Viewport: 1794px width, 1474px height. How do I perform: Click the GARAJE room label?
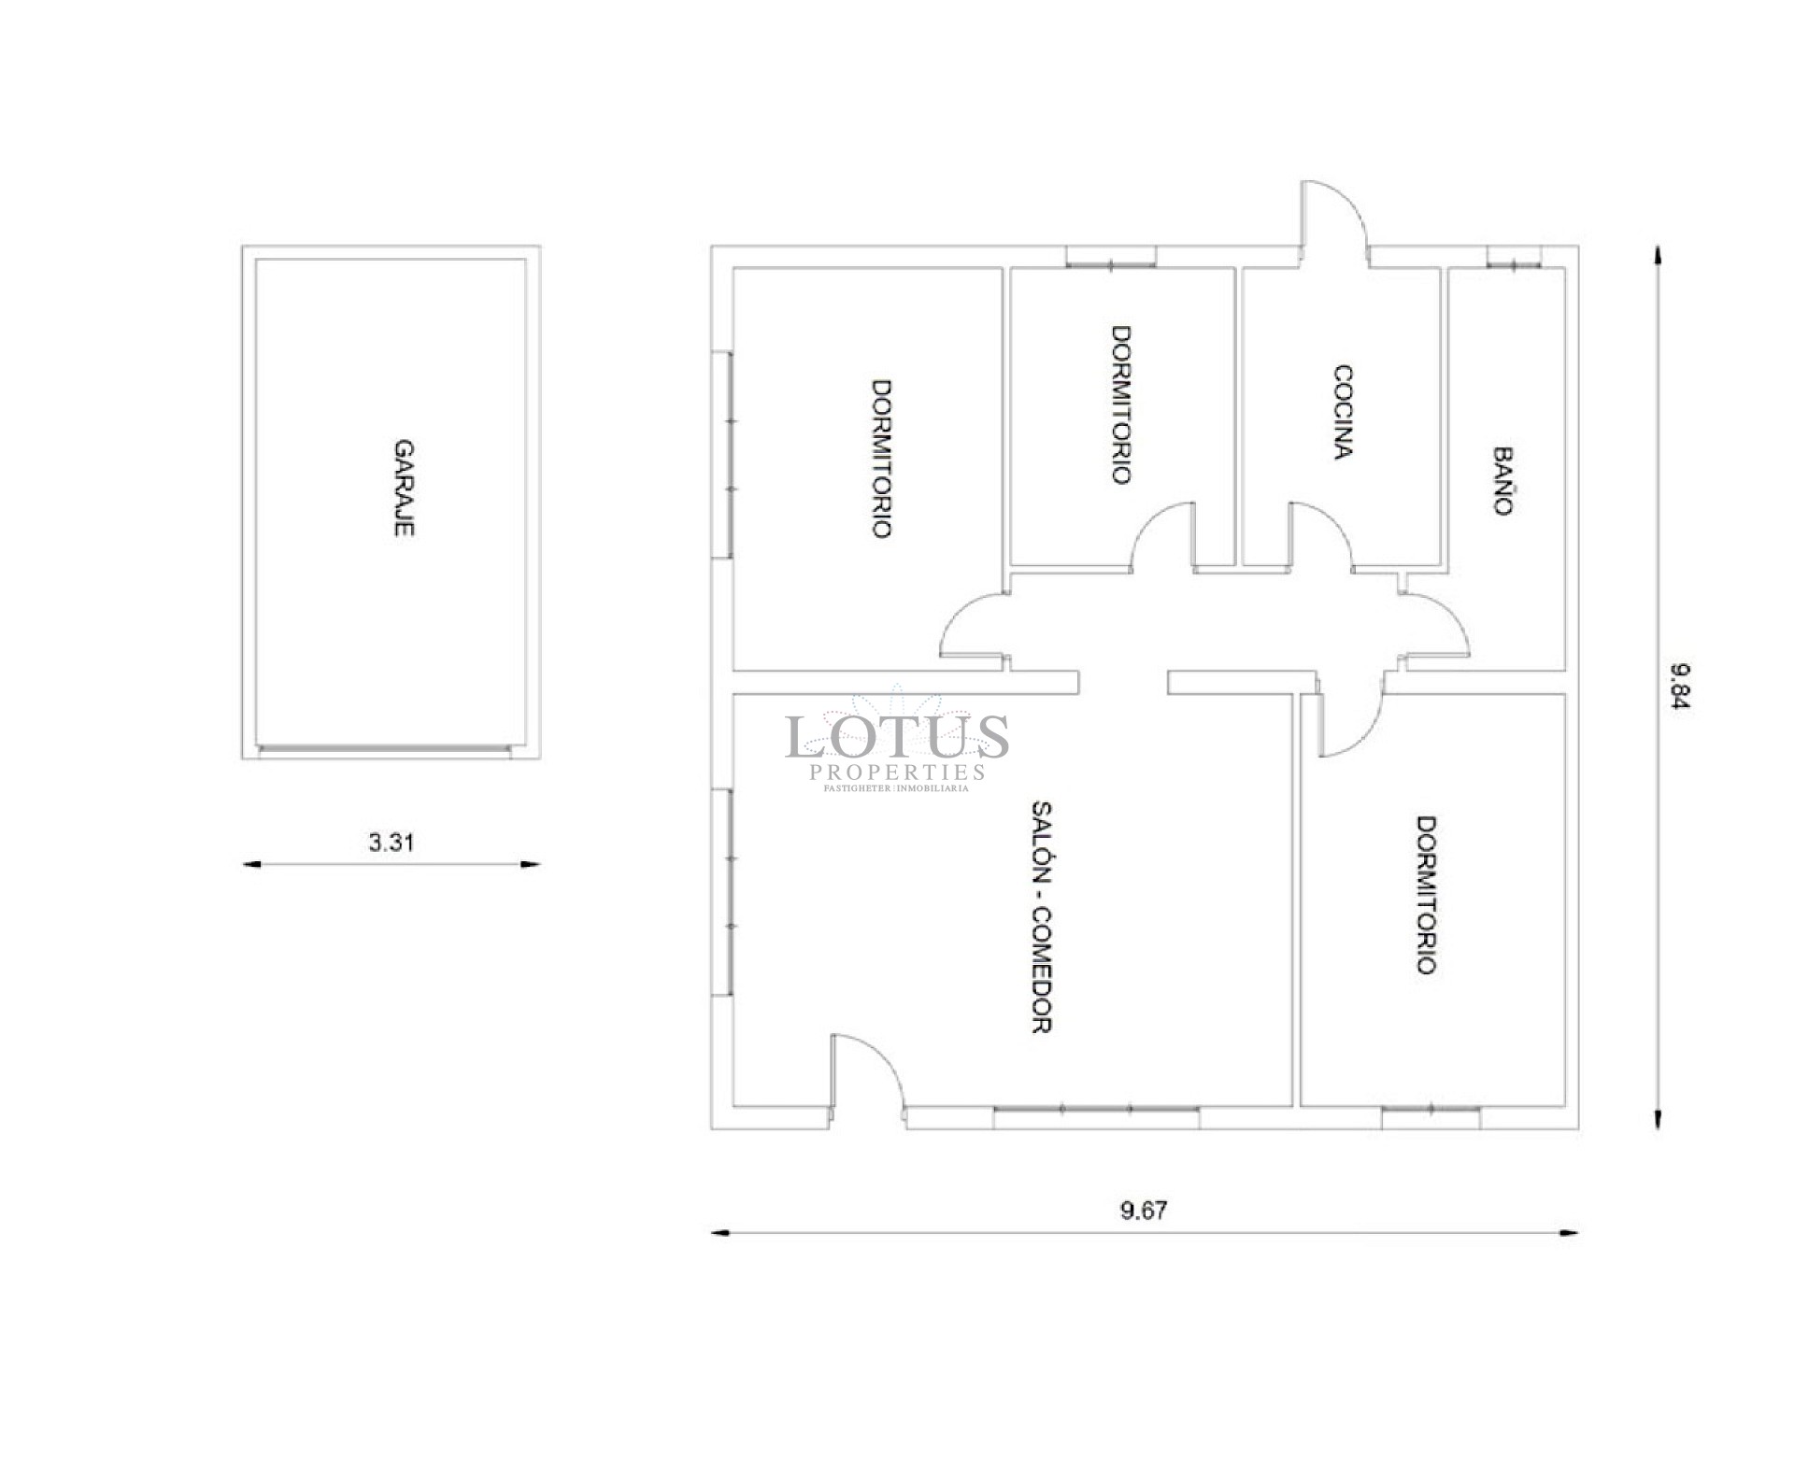(404, 488)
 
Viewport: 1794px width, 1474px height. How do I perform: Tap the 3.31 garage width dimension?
(391, 843)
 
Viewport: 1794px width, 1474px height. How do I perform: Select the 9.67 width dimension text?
(1144, 1211)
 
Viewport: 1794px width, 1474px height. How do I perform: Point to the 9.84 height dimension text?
(1680, 687)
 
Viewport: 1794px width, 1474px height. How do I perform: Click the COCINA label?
(1343, 412)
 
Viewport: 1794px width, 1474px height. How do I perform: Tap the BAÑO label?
(1502, 481)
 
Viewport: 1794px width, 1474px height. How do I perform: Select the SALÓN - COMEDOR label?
(1043, 917)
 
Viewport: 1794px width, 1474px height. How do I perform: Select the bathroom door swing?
(1437, 624)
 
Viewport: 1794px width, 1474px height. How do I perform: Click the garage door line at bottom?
(385, 748)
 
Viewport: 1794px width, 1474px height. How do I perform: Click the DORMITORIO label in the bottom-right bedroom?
(1426, 895)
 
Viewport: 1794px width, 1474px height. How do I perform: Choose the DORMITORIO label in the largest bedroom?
(881, 458)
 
